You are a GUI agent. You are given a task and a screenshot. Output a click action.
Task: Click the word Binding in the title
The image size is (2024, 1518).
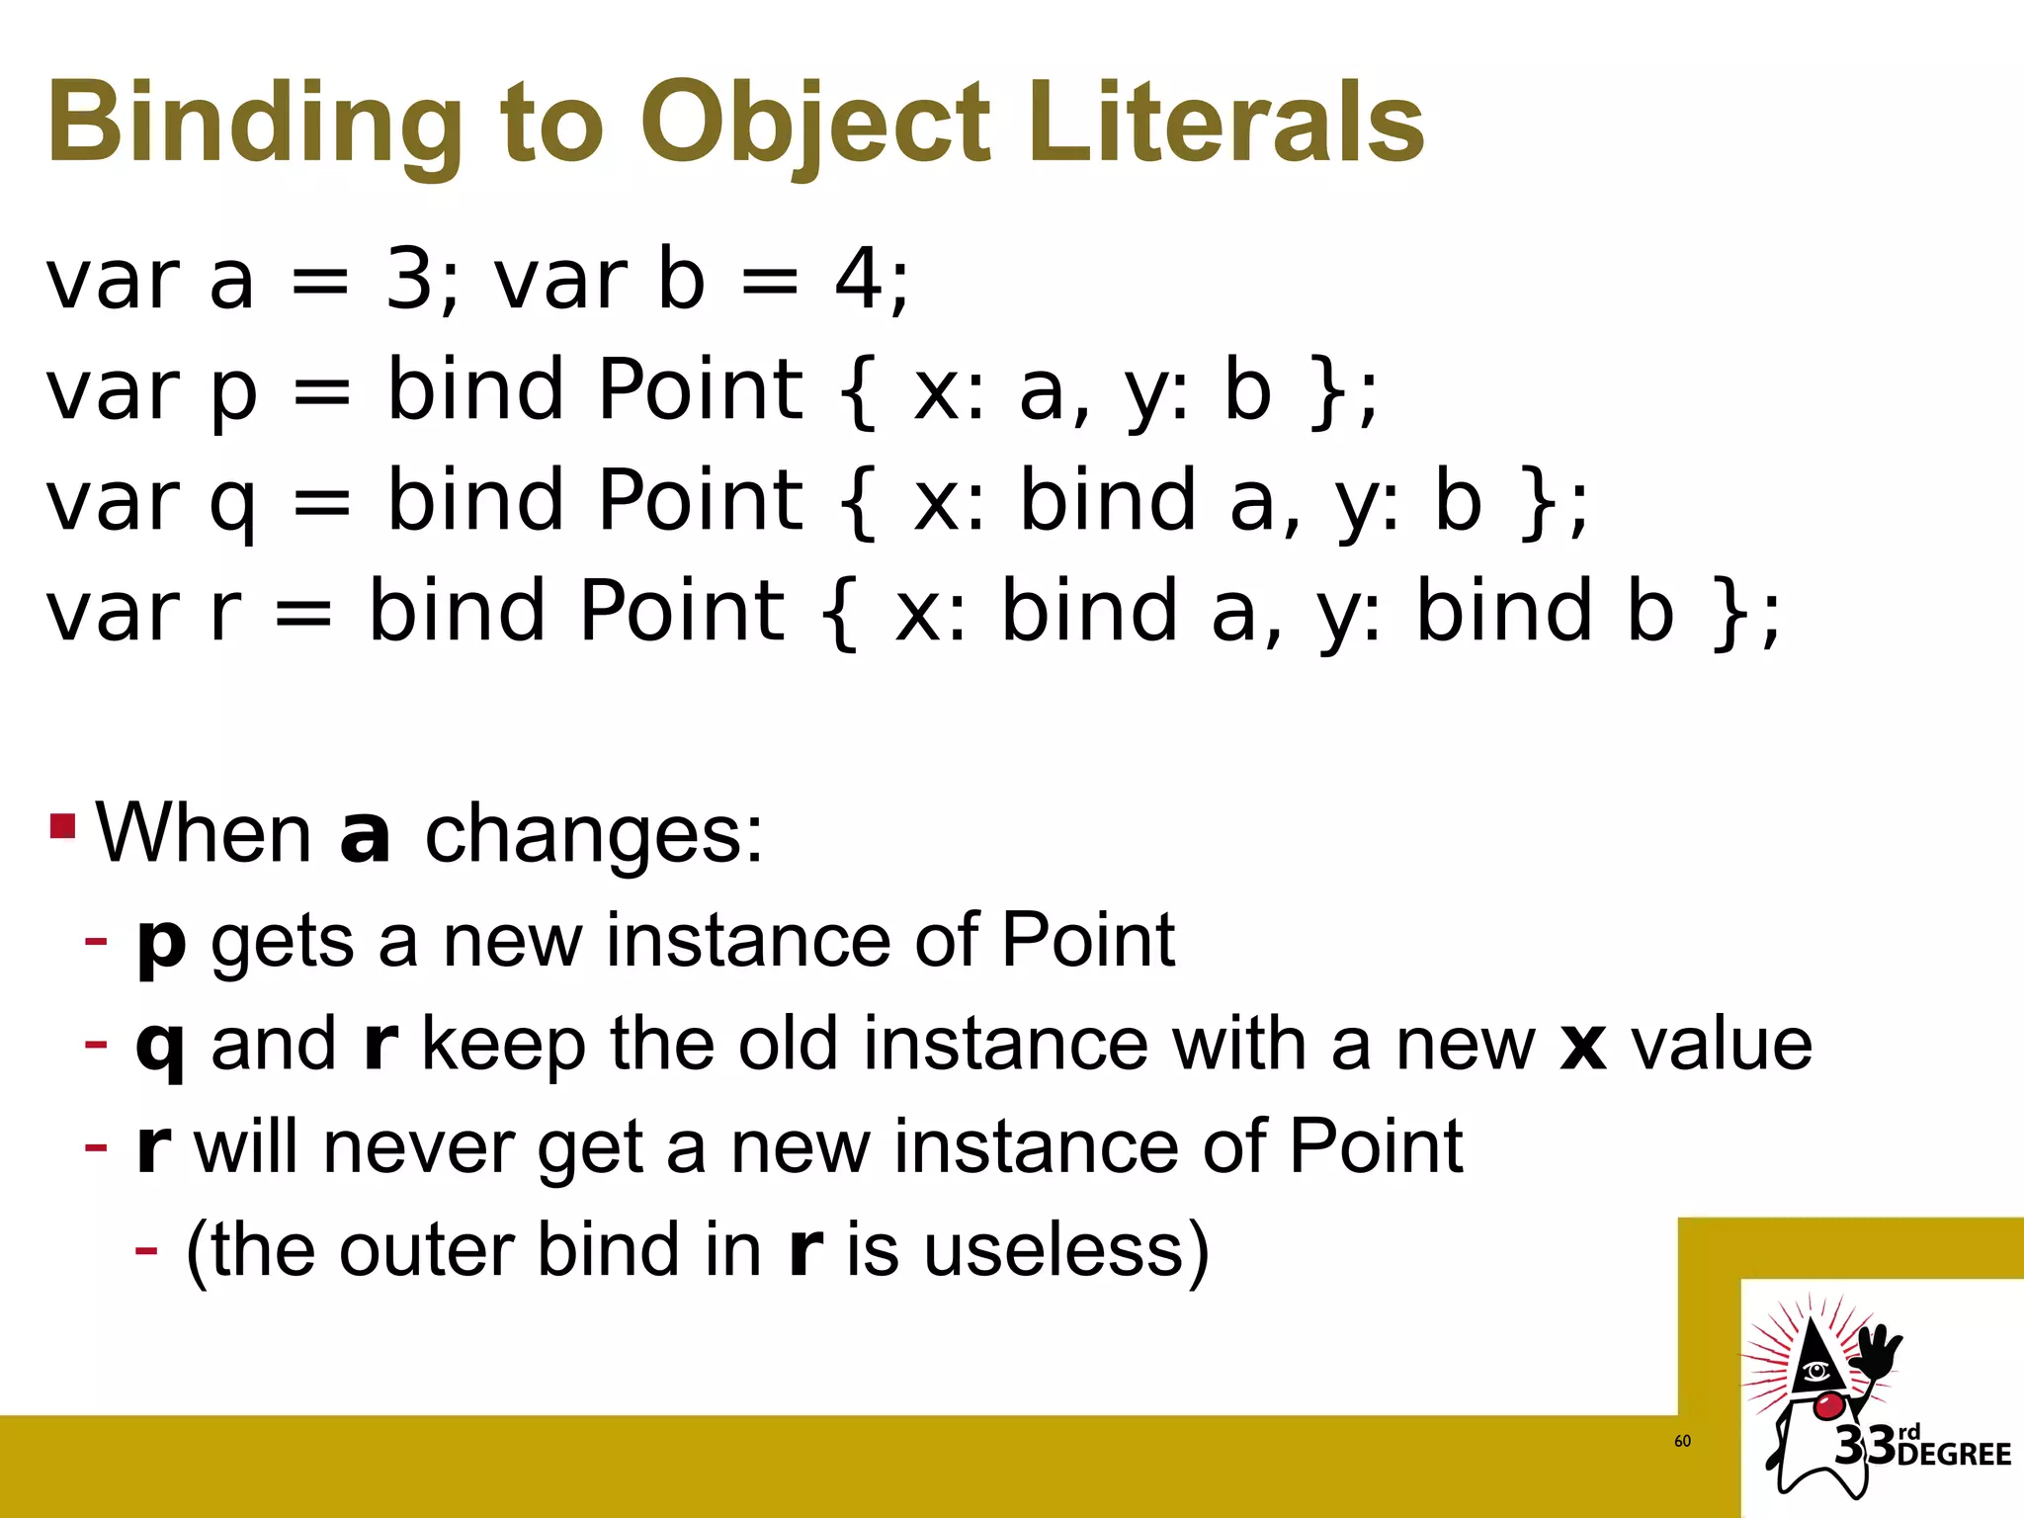point(255,125)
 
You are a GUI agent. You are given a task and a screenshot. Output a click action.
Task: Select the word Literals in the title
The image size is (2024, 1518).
point(1225,123)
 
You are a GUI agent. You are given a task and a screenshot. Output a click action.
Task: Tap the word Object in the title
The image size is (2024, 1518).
point(815,125)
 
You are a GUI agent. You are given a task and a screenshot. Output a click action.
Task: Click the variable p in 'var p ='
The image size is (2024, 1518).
point(234,393)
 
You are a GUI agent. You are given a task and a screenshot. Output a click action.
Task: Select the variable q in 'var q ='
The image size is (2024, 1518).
point(233,504)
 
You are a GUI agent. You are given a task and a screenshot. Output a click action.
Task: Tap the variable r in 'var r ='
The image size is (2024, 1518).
point(225,613)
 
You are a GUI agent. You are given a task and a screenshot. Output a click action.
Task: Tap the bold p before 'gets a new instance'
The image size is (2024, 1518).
point(161,944)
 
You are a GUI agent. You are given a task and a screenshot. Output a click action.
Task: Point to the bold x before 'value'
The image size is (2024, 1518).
point(1582,1046)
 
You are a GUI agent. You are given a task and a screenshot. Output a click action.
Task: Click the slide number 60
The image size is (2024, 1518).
point(1682,1441)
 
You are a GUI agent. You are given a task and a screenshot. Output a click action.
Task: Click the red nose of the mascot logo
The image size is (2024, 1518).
point(1828,1404)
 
